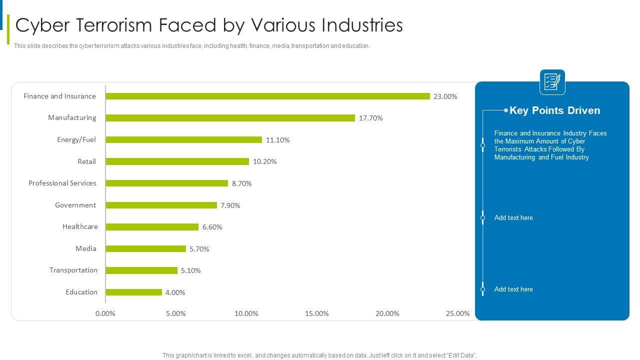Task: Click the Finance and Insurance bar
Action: coord(267,96)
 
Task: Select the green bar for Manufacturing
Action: coord(230,118)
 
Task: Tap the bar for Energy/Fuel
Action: coord(183,140)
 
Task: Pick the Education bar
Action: coord(133,292)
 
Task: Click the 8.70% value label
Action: coord(242,183)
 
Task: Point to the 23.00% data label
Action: coord(445,96)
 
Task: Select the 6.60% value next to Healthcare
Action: coord(212,227)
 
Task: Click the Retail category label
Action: coord(86,161)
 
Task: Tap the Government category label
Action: coord(75,205)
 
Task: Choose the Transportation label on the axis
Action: coord(73,270)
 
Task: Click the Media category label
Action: coord(86,248)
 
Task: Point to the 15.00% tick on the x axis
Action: coord(317,313)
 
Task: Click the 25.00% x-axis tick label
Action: coord(457,313)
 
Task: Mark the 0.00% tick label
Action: coord(105,313)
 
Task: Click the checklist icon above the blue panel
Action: coord(552,82)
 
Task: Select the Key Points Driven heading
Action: coord(554,110)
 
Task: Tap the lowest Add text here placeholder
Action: coord(513,289)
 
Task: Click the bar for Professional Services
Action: coord(166,183)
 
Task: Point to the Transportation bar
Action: coord(141,270)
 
